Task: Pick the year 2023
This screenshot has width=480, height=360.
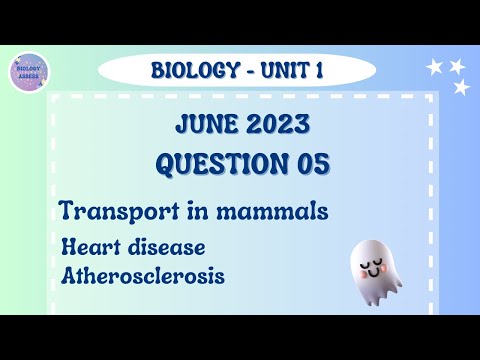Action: coord(274,127)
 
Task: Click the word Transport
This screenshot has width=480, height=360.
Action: coord(111,212)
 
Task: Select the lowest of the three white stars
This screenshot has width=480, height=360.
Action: coord(461,88)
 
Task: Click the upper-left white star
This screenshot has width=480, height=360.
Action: coord(435,67)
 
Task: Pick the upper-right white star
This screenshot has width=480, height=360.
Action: coord(458,66)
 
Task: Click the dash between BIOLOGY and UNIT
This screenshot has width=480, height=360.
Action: coord(240,70)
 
